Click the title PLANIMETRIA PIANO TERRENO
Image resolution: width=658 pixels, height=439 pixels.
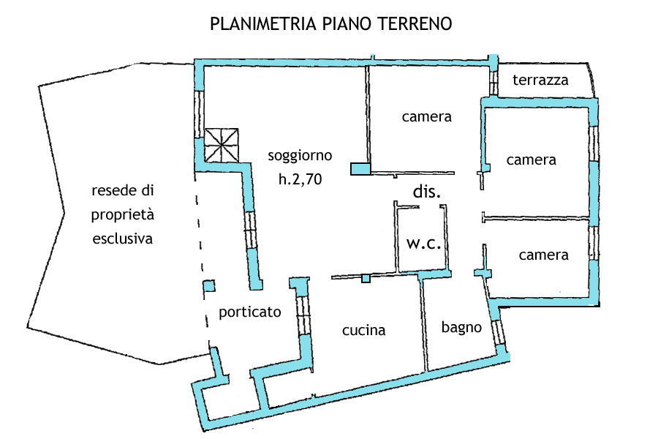click(x=330, y=23)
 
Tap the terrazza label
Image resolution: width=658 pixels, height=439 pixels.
click(x=540, y=80)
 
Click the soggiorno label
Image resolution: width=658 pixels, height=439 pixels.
click(x=300, y=156)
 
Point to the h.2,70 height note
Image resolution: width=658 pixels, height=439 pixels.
click(x=300, y=179)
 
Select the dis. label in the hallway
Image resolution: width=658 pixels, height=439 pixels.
click(x=427, y=191)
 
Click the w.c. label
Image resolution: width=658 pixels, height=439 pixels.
click(x=424, y=243)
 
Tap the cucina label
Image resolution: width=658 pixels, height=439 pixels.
click(x=364, y=330)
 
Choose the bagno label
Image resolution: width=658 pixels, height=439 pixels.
click(x=461, y=328)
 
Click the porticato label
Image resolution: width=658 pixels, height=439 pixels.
click(x=250, y=312)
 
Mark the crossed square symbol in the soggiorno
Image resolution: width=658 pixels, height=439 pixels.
click(x=222, y=146)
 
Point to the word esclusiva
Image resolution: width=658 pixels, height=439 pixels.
click(x=123, y=239)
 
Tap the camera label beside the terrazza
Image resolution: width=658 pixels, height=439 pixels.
click(x=532, y=160)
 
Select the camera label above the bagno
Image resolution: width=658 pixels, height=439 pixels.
click(x=544, y=255)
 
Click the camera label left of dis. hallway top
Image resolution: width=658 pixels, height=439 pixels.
click(x=427, y=117)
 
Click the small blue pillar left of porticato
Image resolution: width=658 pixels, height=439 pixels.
click(x=209, y=286)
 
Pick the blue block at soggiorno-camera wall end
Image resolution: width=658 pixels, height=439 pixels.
click(x=360, y=169)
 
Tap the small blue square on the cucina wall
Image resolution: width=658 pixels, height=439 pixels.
click(x=366, y=278)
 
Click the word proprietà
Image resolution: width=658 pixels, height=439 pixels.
click(x=123, y=214)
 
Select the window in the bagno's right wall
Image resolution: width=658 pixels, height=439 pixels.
click(x=498, y=333)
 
